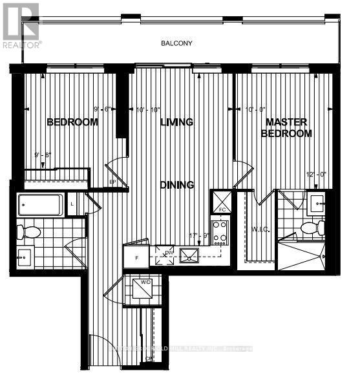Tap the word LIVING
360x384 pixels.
[177, 122]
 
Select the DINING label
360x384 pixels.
[177, 185]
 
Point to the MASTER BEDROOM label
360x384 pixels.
[286, 127]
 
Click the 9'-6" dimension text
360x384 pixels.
[103, 109]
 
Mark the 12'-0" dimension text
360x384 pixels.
[316, 175]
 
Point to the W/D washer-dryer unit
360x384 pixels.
[142, 288]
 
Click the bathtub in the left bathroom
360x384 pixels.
[41, 206]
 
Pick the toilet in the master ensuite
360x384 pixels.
[312, 228]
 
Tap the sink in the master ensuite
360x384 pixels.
[317, 202]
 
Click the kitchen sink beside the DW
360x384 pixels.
[191, 257]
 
